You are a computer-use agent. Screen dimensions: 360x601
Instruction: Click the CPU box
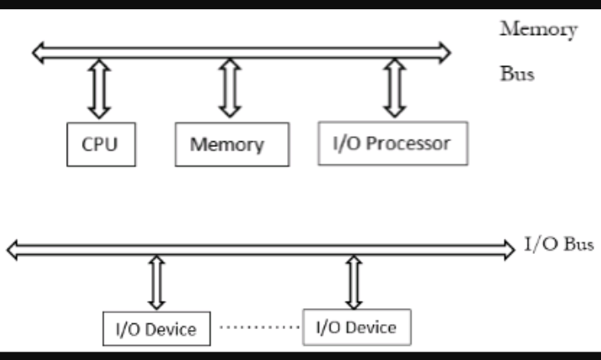tap(99, 144)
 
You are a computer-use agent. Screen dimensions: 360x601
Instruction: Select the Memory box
tap(231, 144)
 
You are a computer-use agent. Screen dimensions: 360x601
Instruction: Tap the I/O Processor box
tap(393, 143)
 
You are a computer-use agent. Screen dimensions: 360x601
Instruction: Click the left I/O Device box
tap(155, 329)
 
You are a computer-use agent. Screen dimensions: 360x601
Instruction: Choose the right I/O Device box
tap(356, 326)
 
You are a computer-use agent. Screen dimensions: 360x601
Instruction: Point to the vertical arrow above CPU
tap(99, 89)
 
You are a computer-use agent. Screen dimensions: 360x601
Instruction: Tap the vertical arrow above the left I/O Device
tap(156, 282)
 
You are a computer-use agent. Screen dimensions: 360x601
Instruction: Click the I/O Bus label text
tap(558, 245)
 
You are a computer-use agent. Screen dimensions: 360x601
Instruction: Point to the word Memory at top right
tap(538, 29)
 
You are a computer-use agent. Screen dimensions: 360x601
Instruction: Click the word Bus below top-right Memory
tap(517, 73)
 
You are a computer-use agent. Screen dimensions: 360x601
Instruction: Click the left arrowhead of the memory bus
tap(38, 52)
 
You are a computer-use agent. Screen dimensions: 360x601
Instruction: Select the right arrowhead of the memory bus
tap(444, 52)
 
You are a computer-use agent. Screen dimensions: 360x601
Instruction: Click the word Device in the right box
tap(371, 326)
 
